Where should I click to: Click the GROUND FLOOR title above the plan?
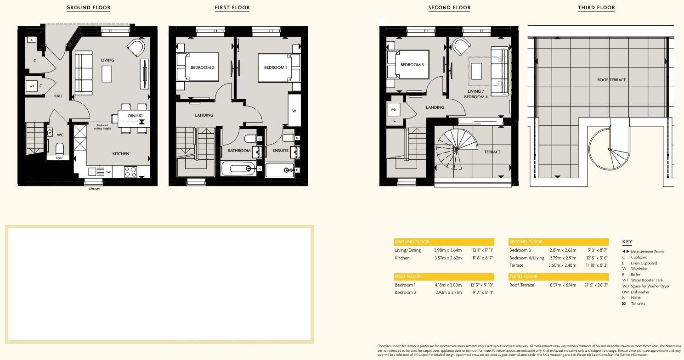pyautogui.click(x=88, y=7)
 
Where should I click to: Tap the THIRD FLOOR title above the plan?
pyautogui.click(x=596, y=7)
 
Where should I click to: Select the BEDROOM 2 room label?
pyautogui.click(x=202, y=67)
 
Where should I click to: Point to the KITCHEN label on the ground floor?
pyautogui.click(x=121, y=154)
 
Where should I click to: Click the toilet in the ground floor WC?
pyautogui.click(x=59, y=149)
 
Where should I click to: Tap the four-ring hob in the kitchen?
pyautogui.click(x=130, y=172)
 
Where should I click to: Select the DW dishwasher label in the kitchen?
pyautogui.click(x=108, y=172)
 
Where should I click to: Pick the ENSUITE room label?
pyautogui.click(x=280, y=151)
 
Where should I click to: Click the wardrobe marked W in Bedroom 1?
pyautogui.click(x=294, y=111)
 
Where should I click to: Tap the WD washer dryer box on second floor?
pyautogui.click(x=393, y=110)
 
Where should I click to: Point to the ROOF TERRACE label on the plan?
pyautogui.click(x=611, y=80)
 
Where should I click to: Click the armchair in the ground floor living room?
pyautogui.click(x=136, y=48)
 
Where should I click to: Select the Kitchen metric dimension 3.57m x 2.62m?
pyautogui.click(x=447, y=258)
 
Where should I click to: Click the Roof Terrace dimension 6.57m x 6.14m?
pyautogui.click(x=563, y=285)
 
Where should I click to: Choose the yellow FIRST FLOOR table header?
pyautogui.click(x=444, y=276)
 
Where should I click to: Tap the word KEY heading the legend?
pyautogui.click(x=627, y=242)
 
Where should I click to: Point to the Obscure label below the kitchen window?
pyautogui.click(x=94, y=188)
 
